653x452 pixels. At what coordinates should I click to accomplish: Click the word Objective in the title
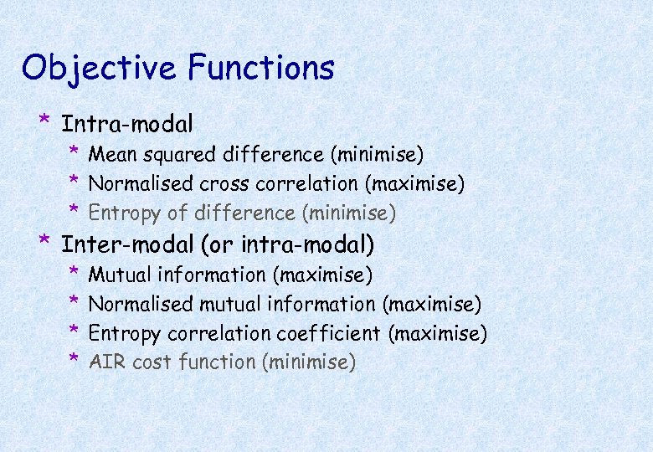click(100, 69)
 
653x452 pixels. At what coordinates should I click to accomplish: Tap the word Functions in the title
click(261, 67)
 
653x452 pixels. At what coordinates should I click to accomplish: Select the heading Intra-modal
click(127, 125)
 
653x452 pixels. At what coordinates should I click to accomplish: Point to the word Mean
click(111, 155)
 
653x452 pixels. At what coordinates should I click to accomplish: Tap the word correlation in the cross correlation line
click(301, 183)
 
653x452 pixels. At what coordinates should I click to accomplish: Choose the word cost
click(150, 362)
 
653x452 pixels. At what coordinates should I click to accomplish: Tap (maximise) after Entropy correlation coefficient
click(437, 333)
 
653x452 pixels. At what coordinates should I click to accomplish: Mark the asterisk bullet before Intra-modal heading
click(44, 122)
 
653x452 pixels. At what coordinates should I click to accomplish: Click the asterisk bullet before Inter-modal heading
click(44, 242)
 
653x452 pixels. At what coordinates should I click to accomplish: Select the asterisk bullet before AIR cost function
click(74, 360)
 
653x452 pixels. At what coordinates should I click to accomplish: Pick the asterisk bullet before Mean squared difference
click(74, 152)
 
